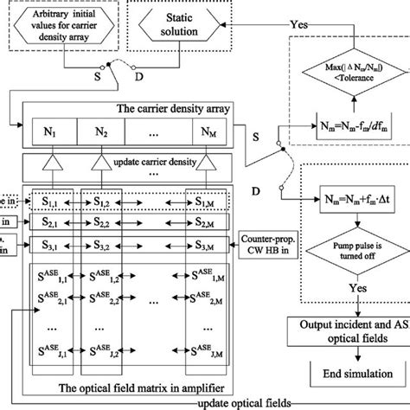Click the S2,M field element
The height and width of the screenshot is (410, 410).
click(x=205, y=223)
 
